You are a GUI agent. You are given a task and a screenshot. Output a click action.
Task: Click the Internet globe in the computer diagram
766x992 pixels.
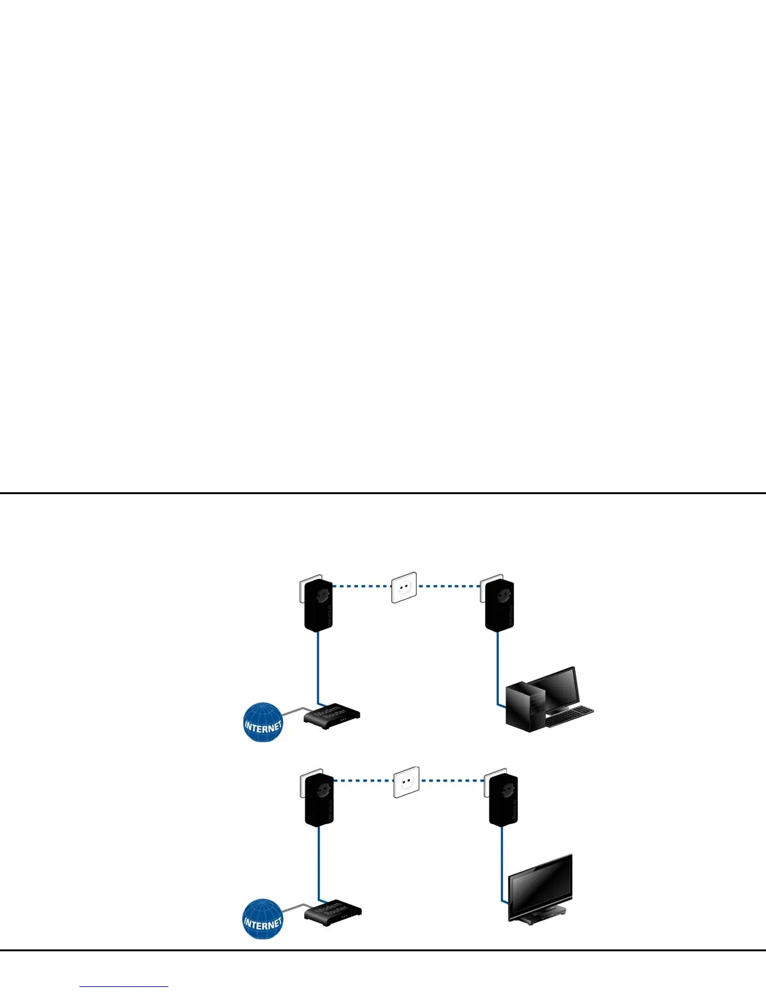pos(263,722)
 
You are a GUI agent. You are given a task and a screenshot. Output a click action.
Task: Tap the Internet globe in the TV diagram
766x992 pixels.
pos(263,919)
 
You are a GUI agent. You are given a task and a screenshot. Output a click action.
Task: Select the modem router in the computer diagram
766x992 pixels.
pos(332,716)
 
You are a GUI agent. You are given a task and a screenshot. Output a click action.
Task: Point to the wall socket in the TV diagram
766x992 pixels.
pos(406,783)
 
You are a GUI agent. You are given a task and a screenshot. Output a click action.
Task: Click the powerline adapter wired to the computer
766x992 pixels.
pos(499,604)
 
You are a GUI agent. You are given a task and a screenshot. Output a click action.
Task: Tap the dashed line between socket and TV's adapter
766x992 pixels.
pos(452,781)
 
